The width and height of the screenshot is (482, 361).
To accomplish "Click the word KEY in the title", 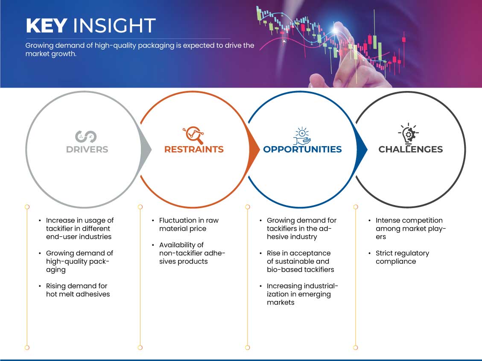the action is [x=47, y=26].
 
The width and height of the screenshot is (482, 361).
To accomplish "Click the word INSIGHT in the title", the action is [x=114, y=26].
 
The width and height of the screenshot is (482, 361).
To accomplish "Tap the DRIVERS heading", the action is [x=87, y=150].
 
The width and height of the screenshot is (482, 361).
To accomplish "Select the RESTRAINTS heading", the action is [x=194, y=150].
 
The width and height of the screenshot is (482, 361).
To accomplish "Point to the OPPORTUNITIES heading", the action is [x=302, y=150].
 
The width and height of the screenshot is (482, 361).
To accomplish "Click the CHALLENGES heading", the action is [x=410, y=150].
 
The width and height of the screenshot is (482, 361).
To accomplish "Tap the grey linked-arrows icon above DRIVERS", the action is [x=86, y=137].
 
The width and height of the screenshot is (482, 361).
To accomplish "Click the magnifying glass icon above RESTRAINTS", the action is [x=193, y=135].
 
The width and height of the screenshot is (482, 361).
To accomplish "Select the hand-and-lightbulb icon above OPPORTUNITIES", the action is [x=301, y=135].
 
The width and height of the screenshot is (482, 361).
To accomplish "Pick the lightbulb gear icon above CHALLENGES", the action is [x=408, y=133].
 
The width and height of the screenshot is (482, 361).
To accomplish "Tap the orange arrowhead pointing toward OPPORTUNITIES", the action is [x=254, y=150].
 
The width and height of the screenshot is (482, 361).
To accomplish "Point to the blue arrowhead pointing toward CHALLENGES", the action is [x=362, y=150].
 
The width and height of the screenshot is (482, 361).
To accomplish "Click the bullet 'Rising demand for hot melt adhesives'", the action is [x=78, y=290].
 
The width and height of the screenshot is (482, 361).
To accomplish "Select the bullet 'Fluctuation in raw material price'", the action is [x=189, y=224].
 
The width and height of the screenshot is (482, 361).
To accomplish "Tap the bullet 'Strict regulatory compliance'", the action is [x=402, y=257].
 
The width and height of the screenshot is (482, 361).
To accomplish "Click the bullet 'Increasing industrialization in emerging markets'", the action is [x=302, y=294].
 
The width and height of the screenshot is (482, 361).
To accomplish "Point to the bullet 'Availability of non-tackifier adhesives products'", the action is [x=192, y=253].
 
